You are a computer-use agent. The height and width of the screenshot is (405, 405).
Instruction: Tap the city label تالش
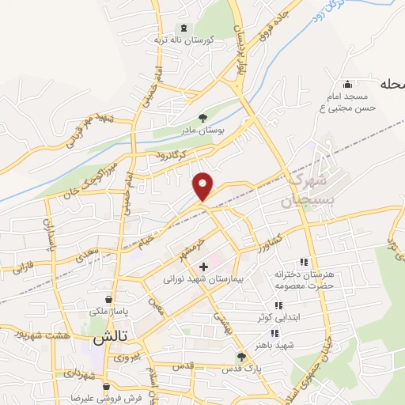pyautogui.click(x=109, y=338)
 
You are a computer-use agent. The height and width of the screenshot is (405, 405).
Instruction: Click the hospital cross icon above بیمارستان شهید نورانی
pyautogui.click(x=204, y=267)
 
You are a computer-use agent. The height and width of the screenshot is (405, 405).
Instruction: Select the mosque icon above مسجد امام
pyautogui.click(x=346, y=85)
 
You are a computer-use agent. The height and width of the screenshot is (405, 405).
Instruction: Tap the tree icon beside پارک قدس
pyautogui.click(x=241, y=356)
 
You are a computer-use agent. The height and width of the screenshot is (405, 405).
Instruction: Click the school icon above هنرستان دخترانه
pyautogui.click(x=303, y=262)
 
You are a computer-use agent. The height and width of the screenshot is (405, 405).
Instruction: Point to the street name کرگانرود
pyautogui.click(x=170, y=157)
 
